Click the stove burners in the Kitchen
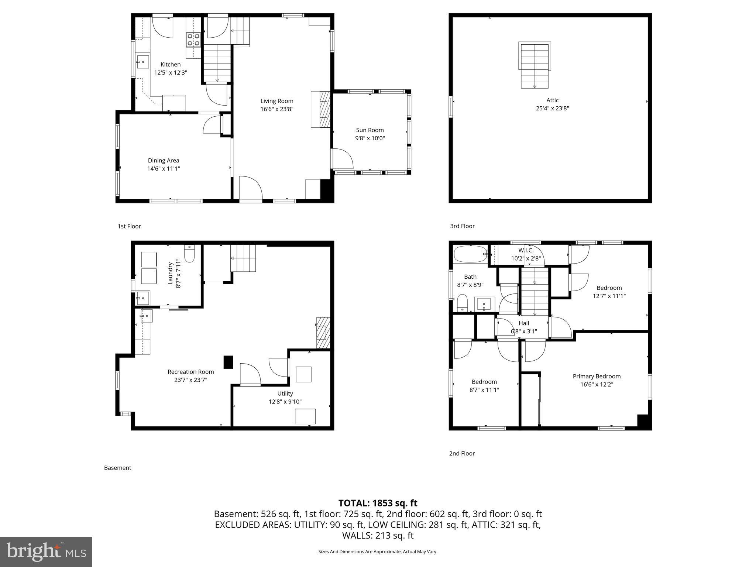click(x=193, y=39)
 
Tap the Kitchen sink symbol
click(x=142, y=62)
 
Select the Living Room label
click(x=277, y=101)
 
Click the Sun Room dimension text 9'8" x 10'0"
click(x=370, y=138)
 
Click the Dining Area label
click(x=164, y=160)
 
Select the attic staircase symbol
click(x=535, y=65)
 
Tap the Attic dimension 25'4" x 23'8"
click(x=552, y=108)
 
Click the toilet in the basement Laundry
click(x=189, y=254)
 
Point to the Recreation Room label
click(x=190, y=372)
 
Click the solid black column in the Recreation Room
click(x=228, y=362)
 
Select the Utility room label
click(x=285, y=394)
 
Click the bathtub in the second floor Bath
click(x=470, y=254)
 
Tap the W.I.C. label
click(x=526, y=250)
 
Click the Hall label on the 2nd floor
click(x=524, y=323)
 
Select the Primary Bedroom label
click(x=597, y=376)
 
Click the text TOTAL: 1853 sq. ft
click(x=378, y=503)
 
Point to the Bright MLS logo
click(x=46, y=551)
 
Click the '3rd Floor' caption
click(x=462, y=226)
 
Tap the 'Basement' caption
click(x=117, y=468)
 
